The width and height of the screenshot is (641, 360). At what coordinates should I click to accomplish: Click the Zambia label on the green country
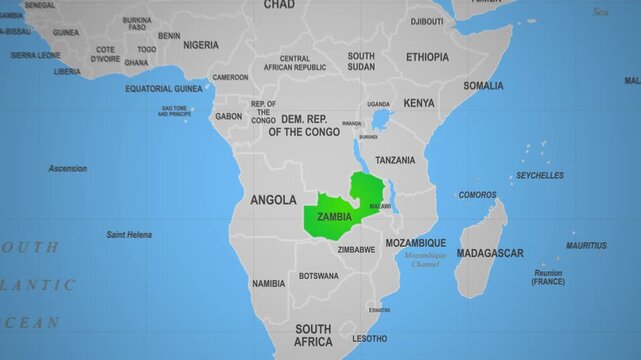coord(333,216)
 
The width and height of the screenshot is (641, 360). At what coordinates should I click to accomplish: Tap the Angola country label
coord(273,199)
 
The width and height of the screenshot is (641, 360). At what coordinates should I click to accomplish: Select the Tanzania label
coord(395,160)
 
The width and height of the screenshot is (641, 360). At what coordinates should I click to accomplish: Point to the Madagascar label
coord(489,253)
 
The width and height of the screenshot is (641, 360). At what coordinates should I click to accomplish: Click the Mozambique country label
coord(416,243)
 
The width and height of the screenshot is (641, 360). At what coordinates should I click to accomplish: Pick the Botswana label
coord(318,276)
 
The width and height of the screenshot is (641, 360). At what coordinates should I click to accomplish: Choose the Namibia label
coord(268,283)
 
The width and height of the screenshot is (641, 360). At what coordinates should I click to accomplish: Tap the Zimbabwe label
coord(356,249)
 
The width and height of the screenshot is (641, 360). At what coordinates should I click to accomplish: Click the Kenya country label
coord(419,103)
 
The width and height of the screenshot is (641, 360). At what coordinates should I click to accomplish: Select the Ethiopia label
coord(427,57)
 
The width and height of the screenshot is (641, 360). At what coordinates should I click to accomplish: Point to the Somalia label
coord(483,86)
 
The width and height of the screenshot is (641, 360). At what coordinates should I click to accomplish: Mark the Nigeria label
coord(201,45)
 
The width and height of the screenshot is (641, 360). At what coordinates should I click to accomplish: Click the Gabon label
coord(228,116)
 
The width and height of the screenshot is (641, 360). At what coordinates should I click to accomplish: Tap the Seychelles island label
coord(539,175)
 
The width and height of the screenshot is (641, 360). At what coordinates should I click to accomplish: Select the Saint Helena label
coord(129,234)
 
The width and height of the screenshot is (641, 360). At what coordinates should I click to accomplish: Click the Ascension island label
coord(67,168)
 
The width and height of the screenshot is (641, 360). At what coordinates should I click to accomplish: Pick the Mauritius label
coord(585,245)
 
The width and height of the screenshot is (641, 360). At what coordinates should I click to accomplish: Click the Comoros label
coord(477,195)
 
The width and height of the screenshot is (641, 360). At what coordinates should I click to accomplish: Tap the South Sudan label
coord(361,61)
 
